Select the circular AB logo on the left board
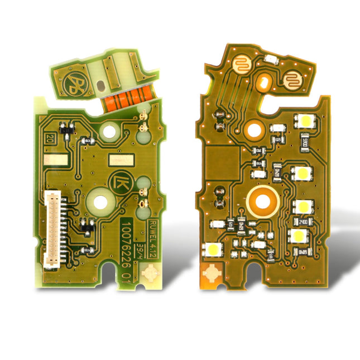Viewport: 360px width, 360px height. coord(71,84)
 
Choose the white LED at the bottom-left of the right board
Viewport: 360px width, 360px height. coord(213,249)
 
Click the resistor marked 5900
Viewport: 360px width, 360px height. coord(305,138)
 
